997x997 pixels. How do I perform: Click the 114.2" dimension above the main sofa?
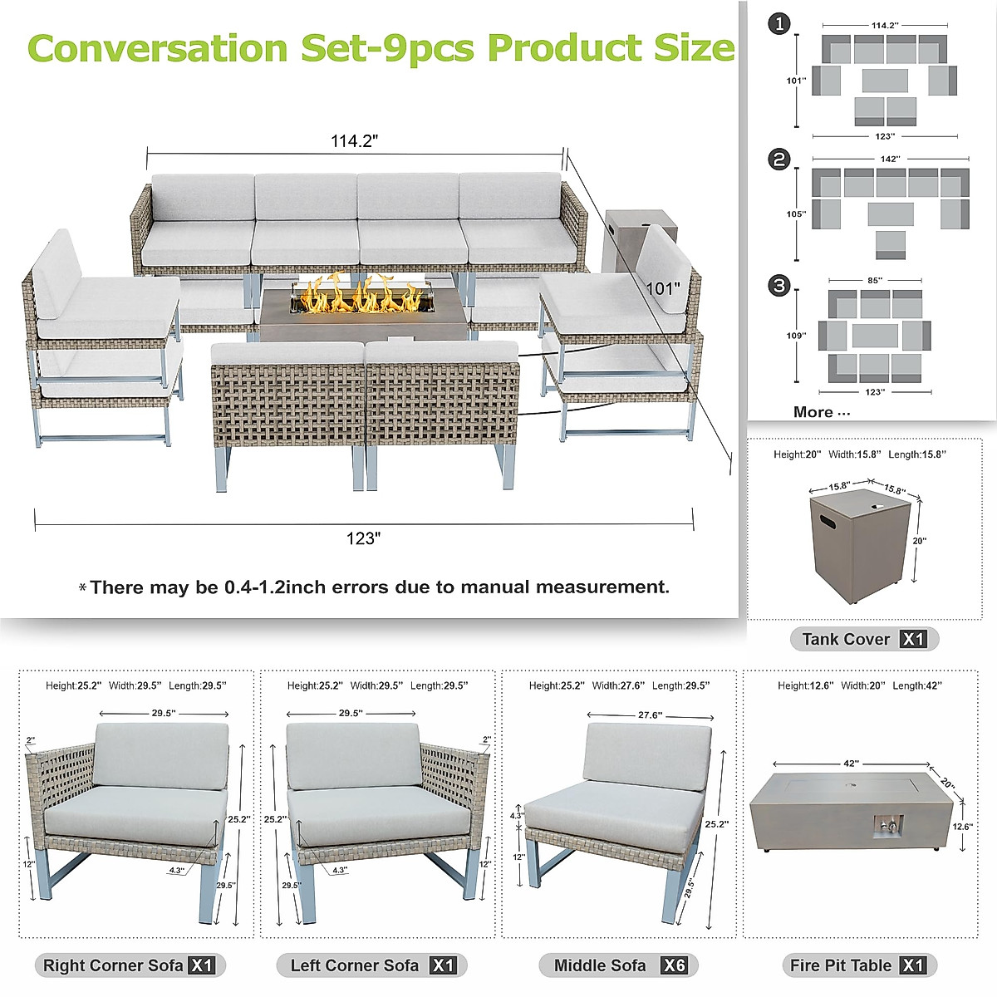(x=355, y=141)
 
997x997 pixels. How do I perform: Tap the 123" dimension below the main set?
(x=363, y=538)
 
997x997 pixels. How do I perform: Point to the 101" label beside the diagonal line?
(x=663, y=289)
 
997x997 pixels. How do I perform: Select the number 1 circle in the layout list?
(x=779, y=25)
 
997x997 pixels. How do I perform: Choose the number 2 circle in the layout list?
(x=779, y=159)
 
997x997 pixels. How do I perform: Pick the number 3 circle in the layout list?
(x=779, y=286)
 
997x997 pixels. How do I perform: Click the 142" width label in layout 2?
(x=890, y=159)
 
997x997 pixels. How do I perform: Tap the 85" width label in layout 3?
(x=875, y=281)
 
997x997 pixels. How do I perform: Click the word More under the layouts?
(x=813, y=412)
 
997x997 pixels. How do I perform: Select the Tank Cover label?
(x=846, y=639)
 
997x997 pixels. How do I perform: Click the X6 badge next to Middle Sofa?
(x=673, y=965)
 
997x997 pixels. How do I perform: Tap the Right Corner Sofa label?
(x=113, y=965)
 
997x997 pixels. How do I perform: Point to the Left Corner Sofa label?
(x=355, y=965)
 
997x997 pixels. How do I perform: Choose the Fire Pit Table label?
(x=841, y=965)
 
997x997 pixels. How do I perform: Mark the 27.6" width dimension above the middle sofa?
(x=650, y=715)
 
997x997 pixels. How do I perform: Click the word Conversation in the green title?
(x=158, y=48)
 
